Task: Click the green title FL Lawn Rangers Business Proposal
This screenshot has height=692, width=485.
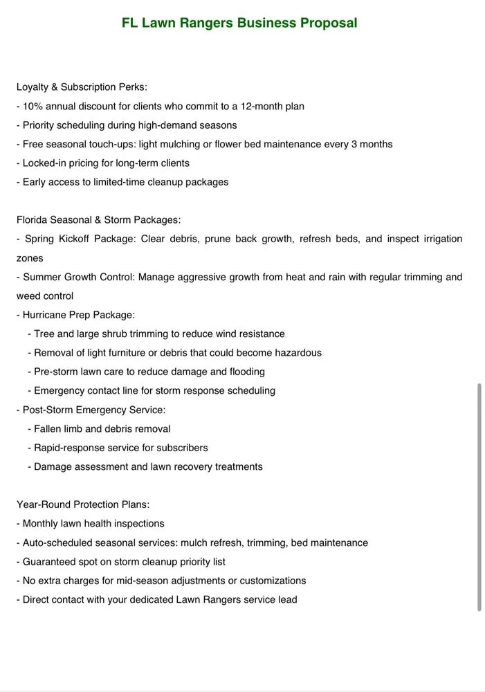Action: [239, 23]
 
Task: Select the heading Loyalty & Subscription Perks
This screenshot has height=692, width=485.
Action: [82, 87]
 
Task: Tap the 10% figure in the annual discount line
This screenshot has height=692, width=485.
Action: [33, 107]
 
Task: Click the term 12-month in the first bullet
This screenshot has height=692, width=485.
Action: [257, 107]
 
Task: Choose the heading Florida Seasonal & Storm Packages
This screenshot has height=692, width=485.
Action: [98, 220]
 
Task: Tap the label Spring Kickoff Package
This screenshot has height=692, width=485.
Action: [79, 239]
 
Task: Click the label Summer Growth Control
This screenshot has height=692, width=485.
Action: [78, 277]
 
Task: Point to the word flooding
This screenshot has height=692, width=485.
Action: [247, 372]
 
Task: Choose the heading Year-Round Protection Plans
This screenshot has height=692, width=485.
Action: [83, 504]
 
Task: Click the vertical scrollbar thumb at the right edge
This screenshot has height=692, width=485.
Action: [479, 497]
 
